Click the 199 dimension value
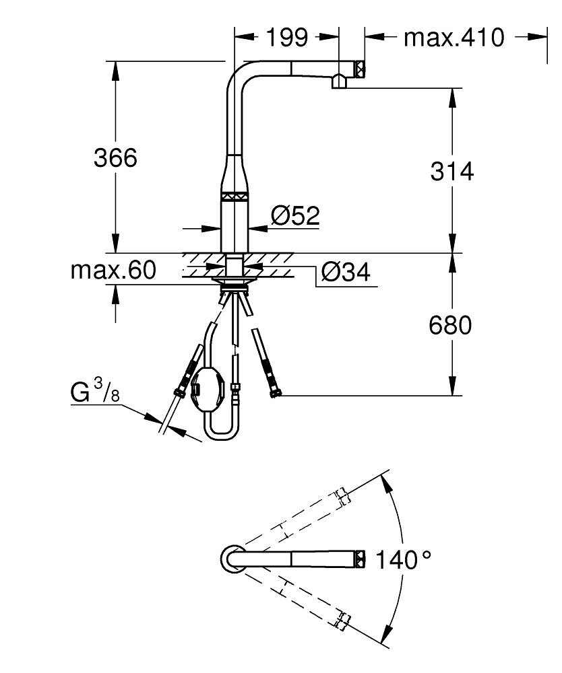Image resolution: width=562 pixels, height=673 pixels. click(x=286, y=37)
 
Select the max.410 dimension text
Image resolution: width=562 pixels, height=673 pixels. click(x=454, y=38)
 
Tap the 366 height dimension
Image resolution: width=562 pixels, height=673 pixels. click(x=115, y=158)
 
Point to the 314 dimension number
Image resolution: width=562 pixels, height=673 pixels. click(x=452, y=172)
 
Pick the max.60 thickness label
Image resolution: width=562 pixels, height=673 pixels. click(x=113, y=271)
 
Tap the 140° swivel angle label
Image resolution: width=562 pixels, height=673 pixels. click(x=403, y=559)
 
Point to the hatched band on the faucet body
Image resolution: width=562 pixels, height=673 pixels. click(x=236, y=197)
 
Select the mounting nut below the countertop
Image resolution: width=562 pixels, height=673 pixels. click(x=235, y=277)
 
